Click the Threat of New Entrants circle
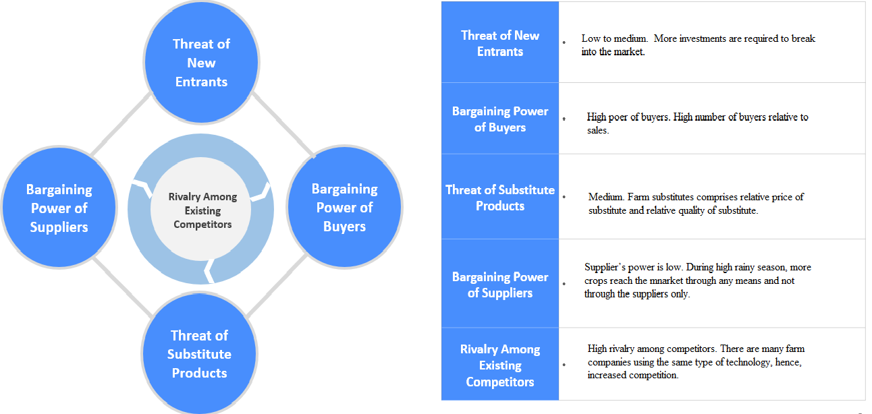tap(201, 63)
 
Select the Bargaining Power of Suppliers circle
tap(59, 208)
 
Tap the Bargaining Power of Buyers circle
tap(344, 207)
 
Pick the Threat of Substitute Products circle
tap(199, 354)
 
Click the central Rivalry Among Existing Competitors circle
tap(202, 210)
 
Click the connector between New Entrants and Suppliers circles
tap(120, 123)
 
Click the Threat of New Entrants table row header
tap(500, 43)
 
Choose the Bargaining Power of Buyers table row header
tap(500, 119)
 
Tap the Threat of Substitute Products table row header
tap(500, 198)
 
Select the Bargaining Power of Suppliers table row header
tap(500, 285)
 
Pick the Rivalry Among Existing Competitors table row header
tap(500, 365)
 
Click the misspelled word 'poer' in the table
tap(620, 117)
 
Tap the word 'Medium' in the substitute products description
tap(605, 197)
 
